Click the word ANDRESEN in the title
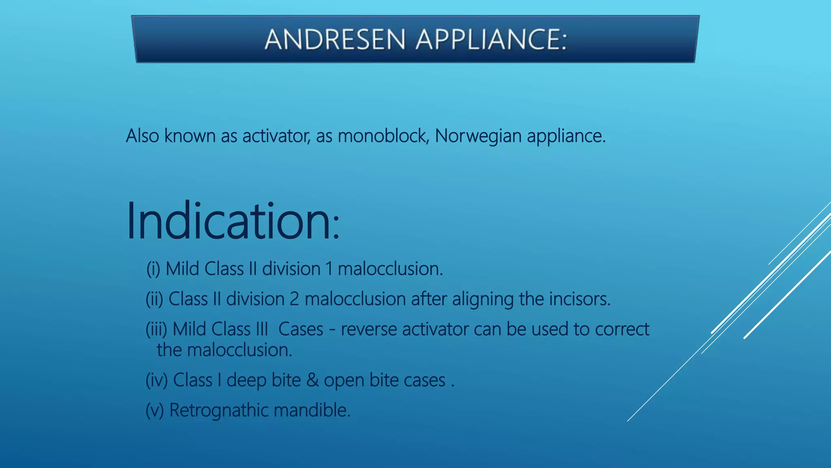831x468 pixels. coord(335,39)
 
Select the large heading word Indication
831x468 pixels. coord(229,221)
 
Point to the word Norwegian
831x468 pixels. coord(478,136)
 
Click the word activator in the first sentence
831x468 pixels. coord(276,136)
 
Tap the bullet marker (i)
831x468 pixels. coord(153,269)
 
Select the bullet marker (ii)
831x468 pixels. coord(154,299)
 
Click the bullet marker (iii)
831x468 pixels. coord(156,329)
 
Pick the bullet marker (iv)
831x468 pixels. coord(157,380)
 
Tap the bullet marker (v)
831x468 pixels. coord(155,410)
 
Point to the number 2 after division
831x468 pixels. coord(294,299)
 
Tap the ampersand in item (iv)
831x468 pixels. coord(312,380)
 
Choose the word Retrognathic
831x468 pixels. coord(219,410)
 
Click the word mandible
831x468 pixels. coord(312,410)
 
